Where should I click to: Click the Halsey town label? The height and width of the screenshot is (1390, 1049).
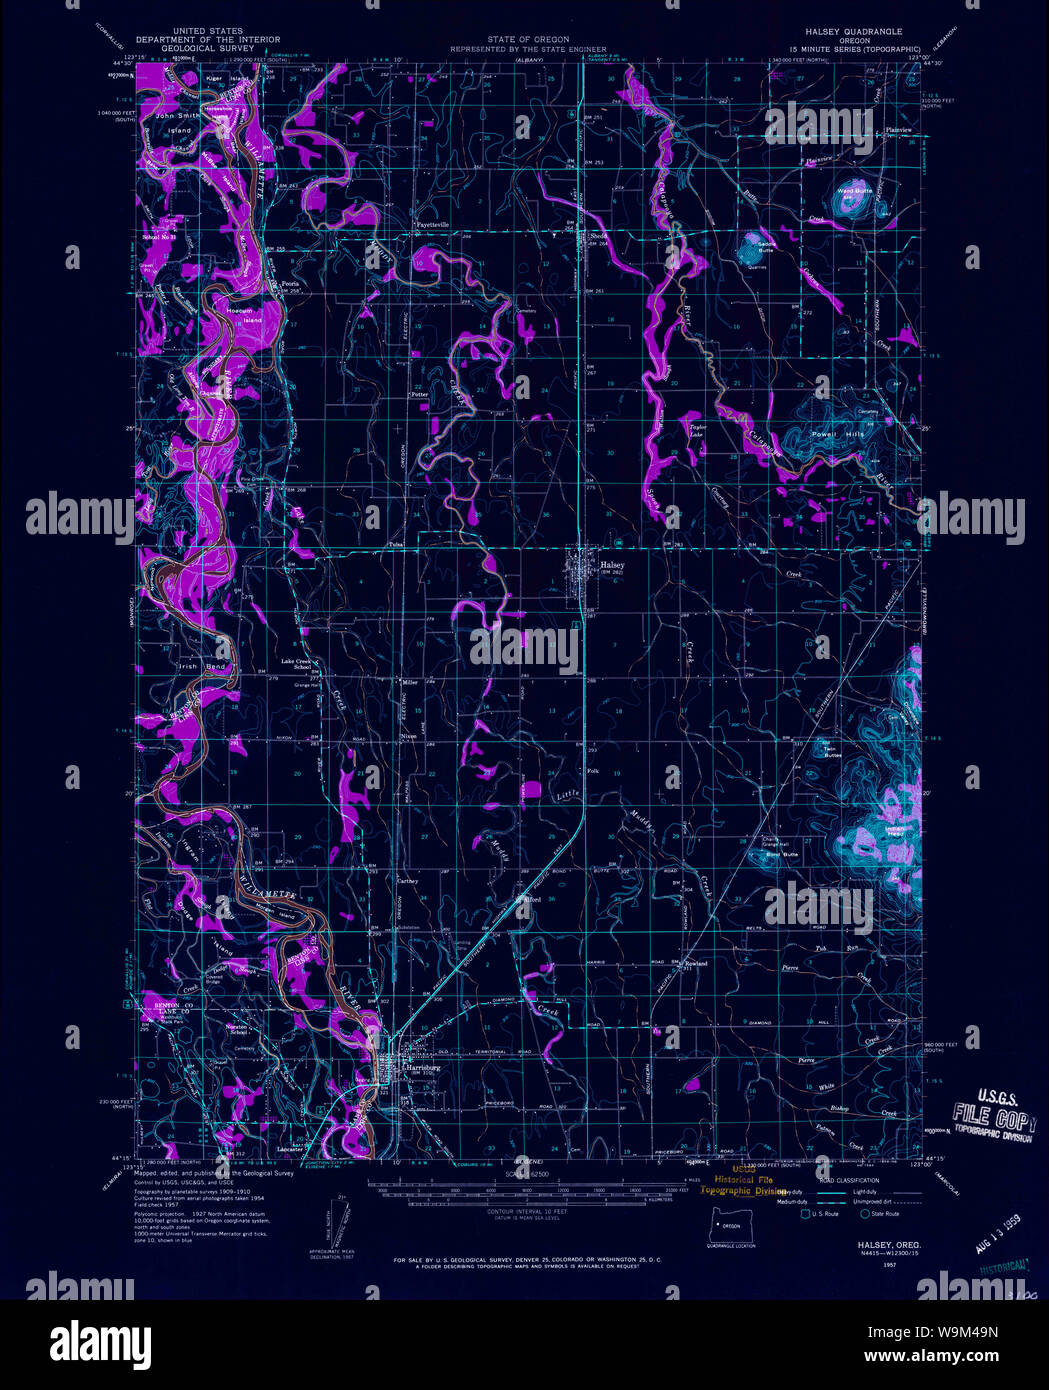(x=612, y=565)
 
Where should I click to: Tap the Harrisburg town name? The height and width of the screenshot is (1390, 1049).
(x=421, y=1067)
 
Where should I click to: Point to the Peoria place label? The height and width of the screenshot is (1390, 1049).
(x=290, y=284)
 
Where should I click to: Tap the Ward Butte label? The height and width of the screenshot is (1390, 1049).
(x=854, y=190)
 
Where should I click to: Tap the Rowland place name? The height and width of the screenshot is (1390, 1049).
(x=695, y=964)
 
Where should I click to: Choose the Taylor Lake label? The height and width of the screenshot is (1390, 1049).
(x=698, y=431)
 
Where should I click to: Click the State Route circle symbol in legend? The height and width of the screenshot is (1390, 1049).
(x=866, y=1214)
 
